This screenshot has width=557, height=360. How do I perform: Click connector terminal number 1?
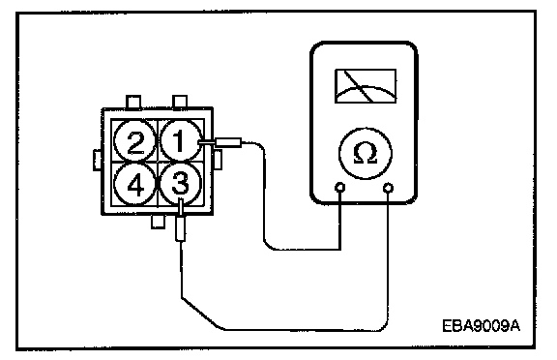pos(180,140)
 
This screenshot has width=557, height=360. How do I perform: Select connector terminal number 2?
pos(135,140)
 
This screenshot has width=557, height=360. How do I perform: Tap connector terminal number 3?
pos(181,183)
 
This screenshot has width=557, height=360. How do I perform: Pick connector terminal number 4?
pos(135,184)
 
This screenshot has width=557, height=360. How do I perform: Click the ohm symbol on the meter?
pos(366,153)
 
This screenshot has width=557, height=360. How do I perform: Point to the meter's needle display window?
pos(366,86)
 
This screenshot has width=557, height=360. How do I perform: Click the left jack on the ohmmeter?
pos(340,188)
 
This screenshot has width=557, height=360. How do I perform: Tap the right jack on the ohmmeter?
pos(389,188)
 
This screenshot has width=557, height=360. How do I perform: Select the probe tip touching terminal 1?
pos(206,142)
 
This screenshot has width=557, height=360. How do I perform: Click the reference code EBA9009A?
pos(481,325)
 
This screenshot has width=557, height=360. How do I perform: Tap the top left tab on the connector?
pos(133,102)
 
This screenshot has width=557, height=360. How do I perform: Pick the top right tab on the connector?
pos(180,102)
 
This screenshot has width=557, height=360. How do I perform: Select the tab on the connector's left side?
pos(98,160)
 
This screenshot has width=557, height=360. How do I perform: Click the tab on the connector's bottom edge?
pos(158,222)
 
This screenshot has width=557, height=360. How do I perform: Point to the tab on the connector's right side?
pos(218,160)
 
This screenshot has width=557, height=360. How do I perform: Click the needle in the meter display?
pos(359,86)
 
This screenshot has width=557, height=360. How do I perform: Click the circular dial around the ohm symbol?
pos(366,128)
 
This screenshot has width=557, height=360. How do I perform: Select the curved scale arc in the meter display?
pos(366,86)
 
